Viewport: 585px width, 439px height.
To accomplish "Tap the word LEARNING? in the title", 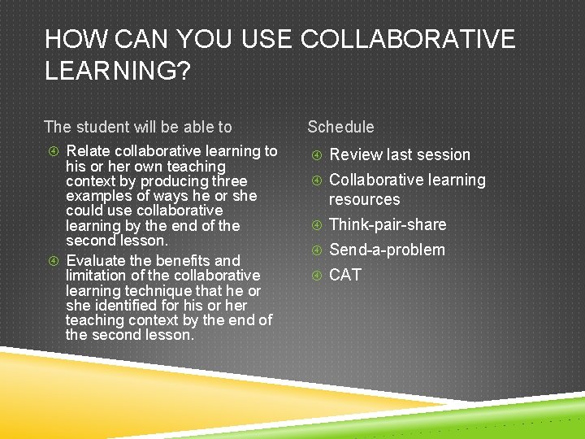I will pos(118,72).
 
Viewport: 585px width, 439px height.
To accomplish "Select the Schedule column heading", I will pos(340,127).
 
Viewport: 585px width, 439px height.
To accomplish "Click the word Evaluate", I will pos(96,261).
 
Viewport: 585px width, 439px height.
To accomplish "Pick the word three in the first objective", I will pos(228,180).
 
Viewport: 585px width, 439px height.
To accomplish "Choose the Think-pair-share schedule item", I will pos(388,225).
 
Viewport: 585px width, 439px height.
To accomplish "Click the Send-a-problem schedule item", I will pos(387,250).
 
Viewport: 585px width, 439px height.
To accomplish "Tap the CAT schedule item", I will pos(344,276).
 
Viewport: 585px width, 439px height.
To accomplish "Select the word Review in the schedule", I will pos(354,154).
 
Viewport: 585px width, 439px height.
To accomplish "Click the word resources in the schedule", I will pos(364,199).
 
